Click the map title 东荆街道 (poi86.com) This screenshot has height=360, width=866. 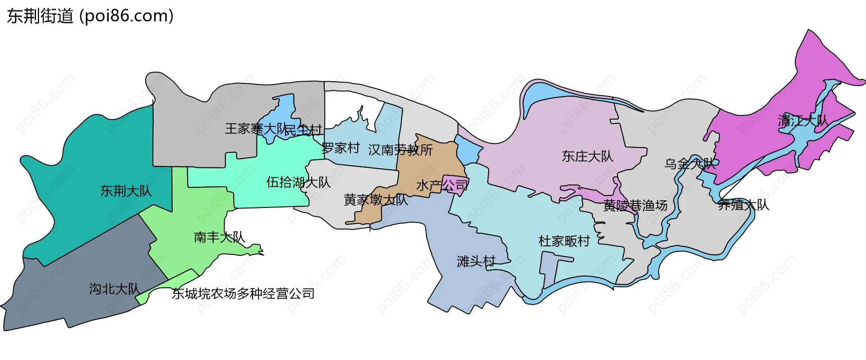click(x=90, y=16)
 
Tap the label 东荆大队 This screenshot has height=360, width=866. click(x=126, y=191)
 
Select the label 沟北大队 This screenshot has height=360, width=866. click(x=114, y=289)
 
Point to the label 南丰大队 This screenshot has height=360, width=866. click(x=219, y=237)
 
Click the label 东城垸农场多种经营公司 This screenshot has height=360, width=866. click(x=243, y=294)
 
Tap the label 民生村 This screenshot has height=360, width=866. click(x=303, y=130)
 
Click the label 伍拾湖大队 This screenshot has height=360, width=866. click(x=299, y=182)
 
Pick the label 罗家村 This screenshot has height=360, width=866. click(x=341, y=148)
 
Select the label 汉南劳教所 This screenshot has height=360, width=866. click(x=400, y=150)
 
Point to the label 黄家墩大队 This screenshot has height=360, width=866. click(x=376, y=199)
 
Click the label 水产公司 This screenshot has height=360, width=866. click(x=442, y=185)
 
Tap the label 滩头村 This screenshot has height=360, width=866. click(x=476, y=261)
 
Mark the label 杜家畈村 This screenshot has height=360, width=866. click(x=564, y=241)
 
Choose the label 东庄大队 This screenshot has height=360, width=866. click(x=587, y=156)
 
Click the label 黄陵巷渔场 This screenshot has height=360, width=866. click(x=635, y=206)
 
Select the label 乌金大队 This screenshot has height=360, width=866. click(x=690, y=164)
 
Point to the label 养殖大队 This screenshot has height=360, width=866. click(x=743, y=205)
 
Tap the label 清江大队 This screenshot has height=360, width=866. click(x=803, y=120)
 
